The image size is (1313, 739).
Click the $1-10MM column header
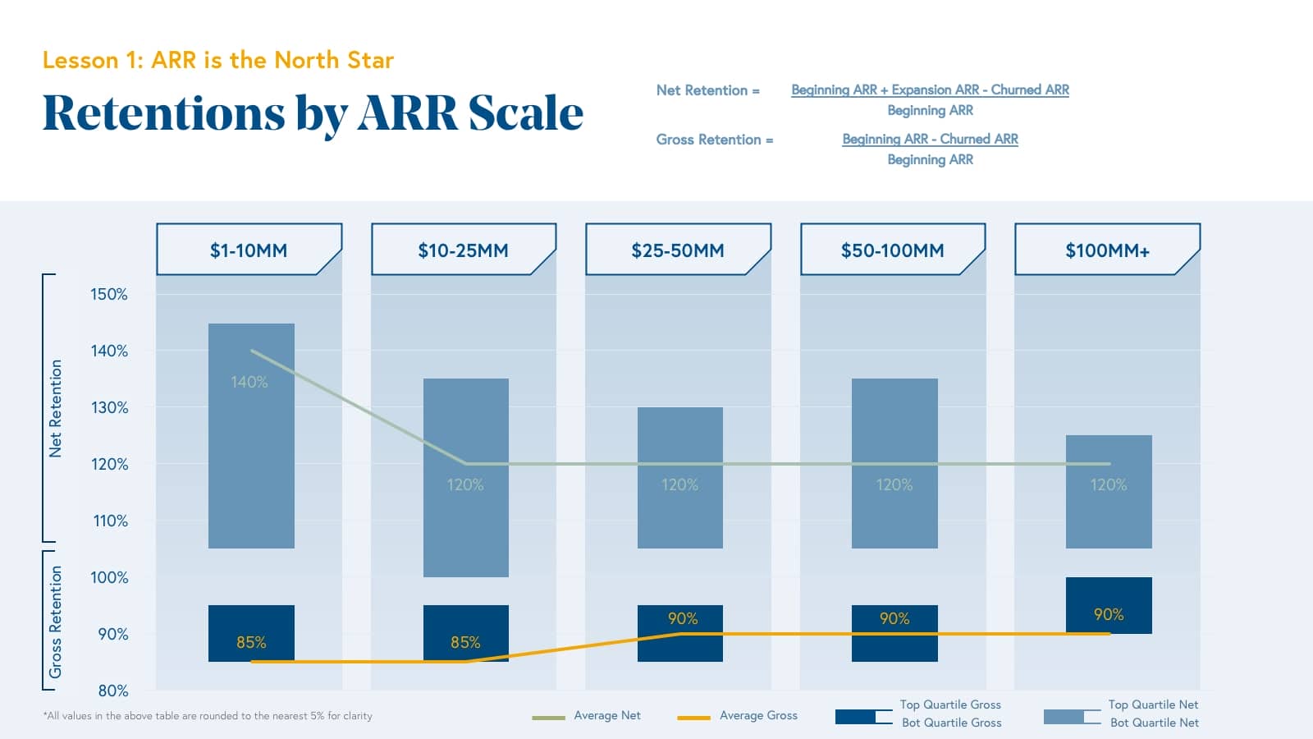coord(249,250)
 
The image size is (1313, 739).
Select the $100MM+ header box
coord(1107,250)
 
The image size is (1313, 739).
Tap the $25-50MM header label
coord(678,250)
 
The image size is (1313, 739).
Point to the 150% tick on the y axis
coord(109,294)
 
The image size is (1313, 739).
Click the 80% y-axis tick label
coord(113,691)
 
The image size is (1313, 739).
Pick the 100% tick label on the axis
coord(109,577)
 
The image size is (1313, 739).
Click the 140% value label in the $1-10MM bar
coord(249,382)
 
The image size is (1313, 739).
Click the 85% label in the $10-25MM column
coord(465,642)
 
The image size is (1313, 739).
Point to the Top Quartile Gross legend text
coord(950,705)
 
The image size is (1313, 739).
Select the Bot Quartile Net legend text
coord(1154,723)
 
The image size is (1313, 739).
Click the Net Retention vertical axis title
coord(55,408)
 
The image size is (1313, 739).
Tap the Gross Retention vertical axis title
coord(55,622)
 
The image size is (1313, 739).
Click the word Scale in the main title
coord(525,112)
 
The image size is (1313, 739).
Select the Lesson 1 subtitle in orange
coord(218,60)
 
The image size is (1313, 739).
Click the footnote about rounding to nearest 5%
coord(208,716)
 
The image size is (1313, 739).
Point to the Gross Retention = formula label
coord(714,140)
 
